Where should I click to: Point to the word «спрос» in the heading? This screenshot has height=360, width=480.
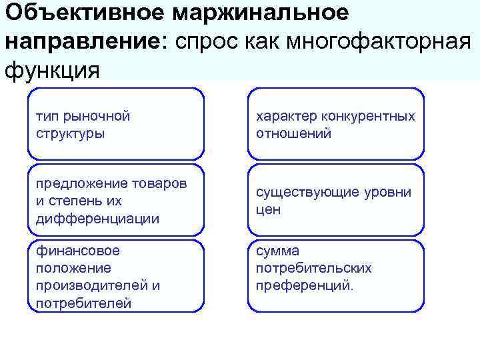point(204,41)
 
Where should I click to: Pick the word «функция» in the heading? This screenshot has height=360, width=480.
point(52,69)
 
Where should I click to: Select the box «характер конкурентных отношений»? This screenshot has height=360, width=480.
point(335,124)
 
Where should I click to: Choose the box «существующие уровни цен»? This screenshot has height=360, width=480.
point(335,200)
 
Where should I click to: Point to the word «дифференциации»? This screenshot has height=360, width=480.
point(97,218)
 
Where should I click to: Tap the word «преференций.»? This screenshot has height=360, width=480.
point(305,285)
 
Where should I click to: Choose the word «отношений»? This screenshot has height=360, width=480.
point(293,133)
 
